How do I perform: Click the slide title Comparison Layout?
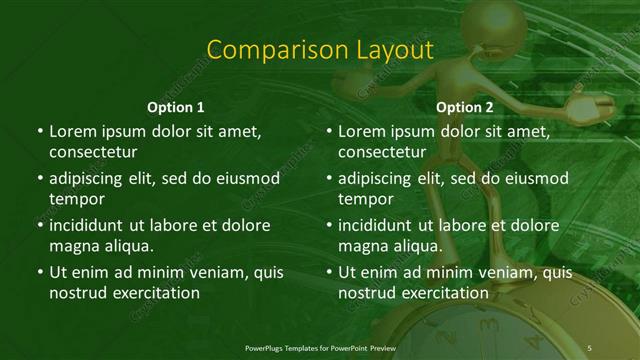[x=319, y=51]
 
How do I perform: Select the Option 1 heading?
[x=175, y=106]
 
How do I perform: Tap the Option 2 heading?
[x=465, y=106]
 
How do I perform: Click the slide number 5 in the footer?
[x=590, y=347]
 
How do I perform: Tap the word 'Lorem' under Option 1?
[x=73, y=131]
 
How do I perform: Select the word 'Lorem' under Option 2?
[x=363, y=131]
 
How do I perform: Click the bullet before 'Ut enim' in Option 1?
[x=38, y=272]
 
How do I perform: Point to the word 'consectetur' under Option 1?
[x=93, y=152]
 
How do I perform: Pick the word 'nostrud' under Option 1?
[x=77, y=293]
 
